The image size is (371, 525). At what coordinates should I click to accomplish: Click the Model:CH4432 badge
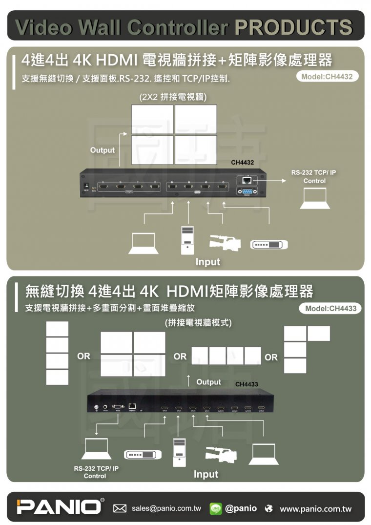click(x=327, y=77)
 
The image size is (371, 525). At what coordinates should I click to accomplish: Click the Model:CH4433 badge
click(x=330, y=308)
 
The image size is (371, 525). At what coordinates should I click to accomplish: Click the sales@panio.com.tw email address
click(x=166, y=508)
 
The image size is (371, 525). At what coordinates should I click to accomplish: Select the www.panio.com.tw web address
click(x=315, y=509)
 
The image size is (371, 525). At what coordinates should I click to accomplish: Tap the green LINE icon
click(x=216, y=508)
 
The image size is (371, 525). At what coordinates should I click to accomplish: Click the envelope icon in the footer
click(x=120, y=509)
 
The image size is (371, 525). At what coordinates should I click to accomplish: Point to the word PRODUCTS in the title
click(x=293, y=27)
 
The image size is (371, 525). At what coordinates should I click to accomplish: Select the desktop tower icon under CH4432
click(x=188, y=240)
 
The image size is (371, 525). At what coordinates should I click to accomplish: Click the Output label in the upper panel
click(x=102, y=150)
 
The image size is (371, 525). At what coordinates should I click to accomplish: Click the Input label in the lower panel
click(x=206, y=474)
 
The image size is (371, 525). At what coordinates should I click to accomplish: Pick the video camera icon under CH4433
click(x=221, y=454)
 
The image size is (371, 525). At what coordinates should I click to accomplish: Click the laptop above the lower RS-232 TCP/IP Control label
click(x=96, y=448)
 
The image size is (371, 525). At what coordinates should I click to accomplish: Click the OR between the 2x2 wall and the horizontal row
click(x=180, y=357)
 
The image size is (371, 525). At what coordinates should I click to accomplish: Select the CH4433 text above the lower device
click(x=247, y=384)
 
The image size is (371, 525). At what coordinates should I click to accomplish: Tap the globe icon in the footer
click(x=268, y=509)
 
